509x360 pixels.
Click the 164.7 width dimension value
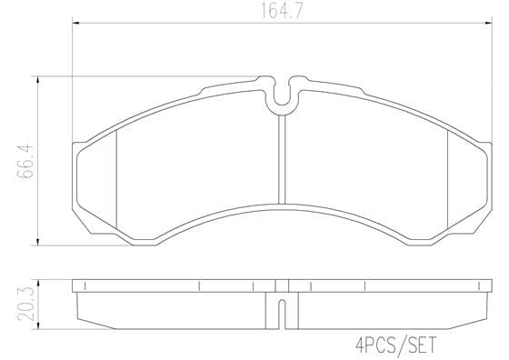tap(282, 11)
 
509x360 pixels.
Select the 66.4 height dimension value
tap(25, 161)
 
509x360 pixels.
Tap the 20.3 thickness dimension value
tap(26, 304)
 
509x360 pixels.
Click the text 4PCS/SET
tap(396, 345)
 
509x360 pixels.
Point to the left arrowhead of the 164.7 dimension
tap(75, 23)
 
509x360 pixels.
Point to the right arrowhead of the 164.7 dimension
tap(488, 23)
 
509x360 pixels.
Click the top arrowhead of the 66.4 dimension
tap(38, 81)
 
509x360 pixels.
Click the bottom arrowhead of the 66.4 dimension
tap(38, 242)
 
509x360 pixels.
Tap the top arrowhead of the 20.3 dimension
tap(38, 284)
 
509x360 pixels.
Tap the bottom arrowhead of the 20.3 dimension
tap(38, 325)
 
